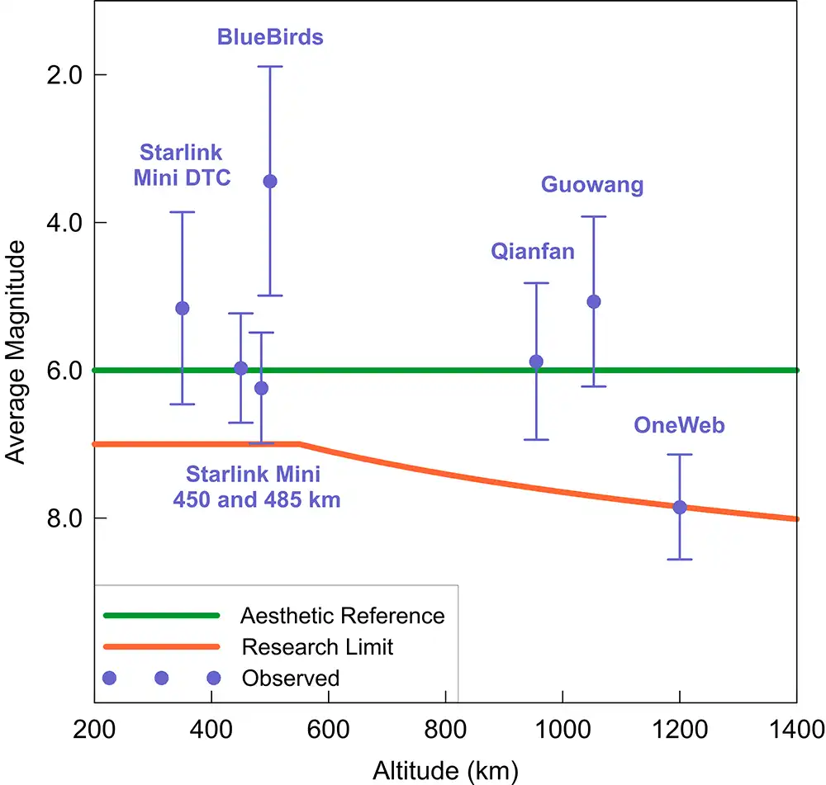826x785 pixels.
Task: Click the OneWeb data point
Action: click(680, 507)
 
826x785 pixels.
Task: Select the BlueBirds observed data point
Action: click(269, 182)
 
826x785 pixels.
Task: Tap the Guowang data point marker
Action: click(593, 301)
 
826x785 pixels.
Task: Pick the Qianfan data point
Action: click(536, 361)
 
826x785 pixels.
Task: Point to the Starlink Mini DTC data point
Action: click(183, 308)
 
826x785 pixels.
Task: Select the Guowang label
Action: click(592, 184)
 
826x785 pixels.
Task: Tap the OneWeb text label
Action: click(679, 425)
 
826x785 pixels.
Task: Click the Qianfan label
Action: click(533, 252)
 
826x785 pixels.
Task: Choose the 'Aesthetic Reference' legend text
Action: click(342, 616)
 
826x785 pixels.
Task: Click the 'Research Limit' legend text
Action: click(317, 646)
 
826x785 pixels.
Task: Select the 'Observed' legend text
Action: click(291, 679)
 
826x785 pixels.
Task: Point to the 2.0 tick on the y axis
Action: click(65, 74)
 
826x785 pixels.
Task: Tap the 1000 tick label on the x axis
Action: click(562, 731)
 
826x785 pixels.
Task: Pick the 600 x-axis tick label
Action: click(329, 731)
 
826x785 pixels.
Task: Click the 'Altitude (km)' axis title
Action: click(445, 771)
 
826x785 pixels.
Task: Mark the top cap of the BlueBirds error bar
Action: click(269, 66)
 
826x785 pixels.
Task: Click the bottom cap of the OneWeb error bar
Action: click(680, 559)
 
